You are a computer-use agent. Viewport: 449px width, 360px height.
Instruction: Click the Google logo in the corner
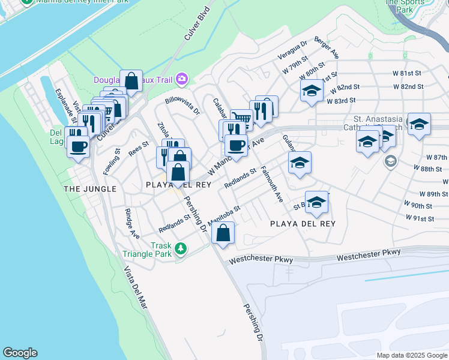20,353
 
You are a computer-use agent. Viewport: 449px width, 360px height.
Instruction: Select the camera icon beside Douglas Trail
182,79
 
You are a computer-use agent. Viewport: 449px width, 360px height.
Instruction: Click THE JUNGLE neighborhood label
89,188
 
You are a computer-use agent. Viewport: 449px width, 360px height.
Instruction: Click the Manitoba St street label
224,214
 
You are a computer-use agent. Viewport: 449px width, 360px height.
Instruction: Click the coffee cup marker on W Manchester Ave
236,145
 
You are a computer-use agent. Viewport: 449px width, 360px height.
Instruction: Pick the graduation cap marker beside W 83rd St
312,91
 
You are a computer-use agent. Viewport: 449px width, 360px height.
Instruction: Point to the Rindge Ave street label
132,224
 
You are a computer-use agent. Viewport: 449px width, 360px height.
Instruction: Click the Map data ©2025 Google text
411,355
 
